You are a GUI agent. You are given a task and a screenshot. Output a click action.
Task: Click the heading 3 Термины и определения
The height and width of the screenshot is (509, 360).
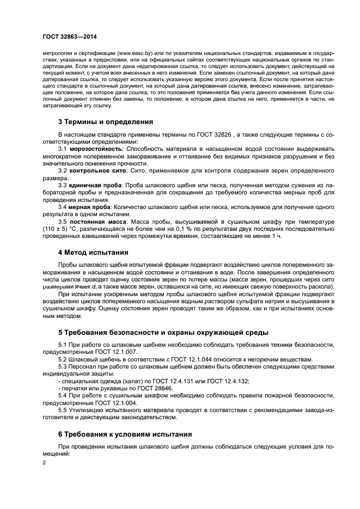tap(106, 121)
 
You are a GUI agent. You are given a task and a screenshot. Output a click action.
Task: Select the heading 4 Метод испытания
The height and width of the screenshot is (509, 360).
tap(93, 252)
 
